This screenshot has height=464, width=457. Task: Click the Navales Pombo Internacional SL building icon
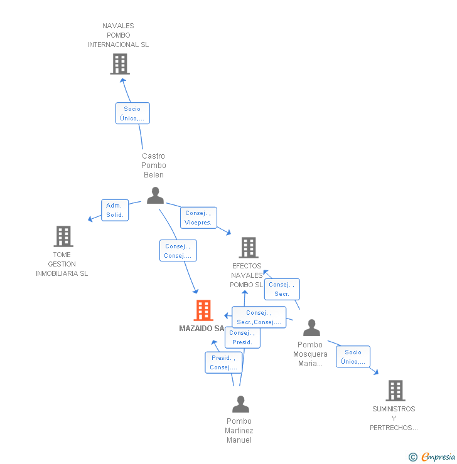coord(120,64)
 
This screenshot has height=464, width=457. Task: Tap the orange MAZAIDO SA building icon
coord(203,310)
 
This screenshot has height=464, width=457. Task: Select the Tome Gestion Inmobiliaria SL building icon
coord(63,236)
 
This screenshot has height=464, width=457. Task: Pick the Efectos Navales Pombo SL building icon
coord(249,248)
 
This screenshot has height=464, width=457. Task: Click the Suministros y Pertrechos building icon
coord(395,390)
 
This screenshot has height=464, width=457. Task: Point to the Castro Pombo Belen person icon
coord(155,196)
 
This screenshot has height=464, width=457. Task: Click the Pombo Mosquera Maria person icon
coord(311,328)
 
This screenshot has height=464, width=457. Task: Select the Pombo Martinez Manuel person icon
coord(240,404)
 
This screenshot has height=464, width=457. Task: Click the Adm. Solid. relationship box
coord(115,210)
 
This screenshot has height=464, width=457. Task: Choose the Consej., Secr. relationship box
coord(282,289)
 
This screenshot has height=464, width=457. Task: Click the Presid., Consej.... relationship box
coord(223,362)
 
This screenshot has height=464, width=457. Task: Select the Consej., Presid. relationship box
coord(242,337)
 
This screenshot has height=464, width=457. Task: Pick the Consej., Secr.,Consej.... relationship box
coord(259,317)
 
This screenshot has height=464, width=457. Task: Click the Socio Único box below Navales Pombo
coord(132,113)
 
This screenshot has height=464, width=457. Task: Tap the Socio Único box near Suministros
coord(353,357)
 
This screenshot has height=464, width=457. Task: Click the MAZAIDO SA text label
coord(202,329)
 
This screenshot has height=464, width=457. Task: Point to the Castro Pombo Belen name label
coord(154,166)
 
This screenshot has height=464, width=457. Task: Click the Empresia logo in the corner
coord(432,457)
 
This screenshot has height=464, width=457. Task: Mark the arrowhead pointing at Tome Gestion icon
coord(90,219)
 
